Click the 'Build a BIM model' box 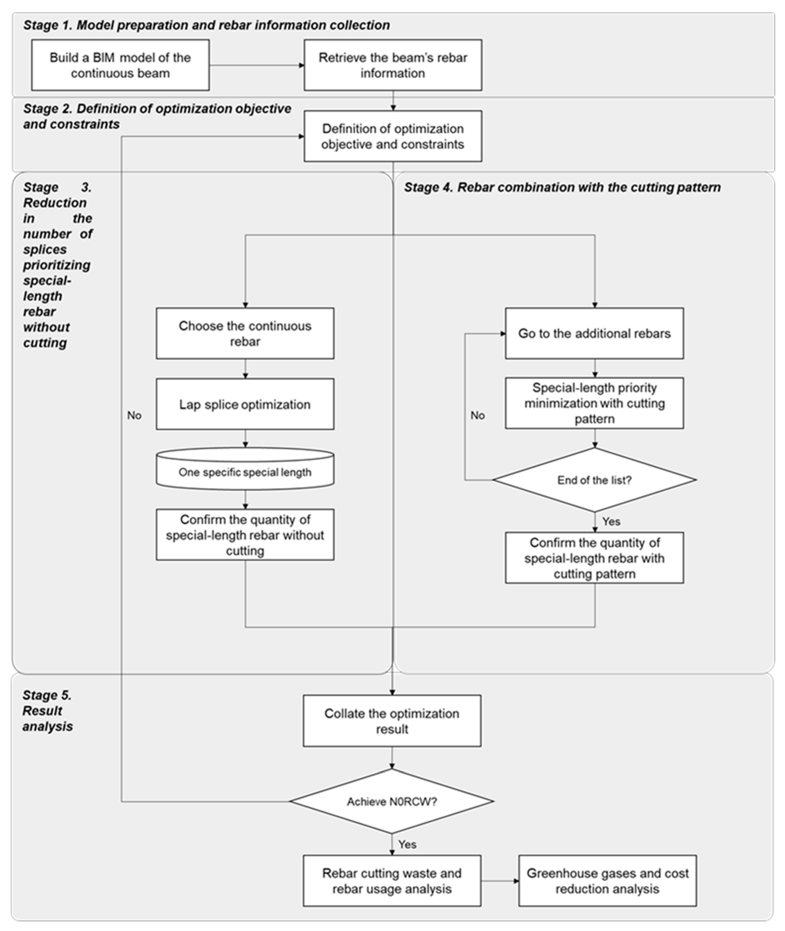click(120, 65)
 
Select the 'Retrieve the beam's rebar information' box click(393, 65)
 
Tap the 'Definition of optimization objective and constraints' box click(393, 136)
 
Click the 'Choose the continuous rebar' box click(245, 333)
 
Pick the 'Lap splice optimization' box click(245, 404)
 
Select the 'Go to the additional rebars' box click(594, 333)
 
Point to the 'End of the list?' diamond click(594, 480)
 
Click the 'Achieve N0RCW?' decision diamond click(392, 801)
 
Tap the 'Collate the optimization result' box click(392, 721)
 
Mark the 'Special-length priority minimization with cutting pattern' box click(594, 403)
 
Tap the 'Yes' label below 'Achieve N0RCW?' click(407, 844)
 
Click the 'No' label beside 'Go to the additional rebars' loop click(478, 415)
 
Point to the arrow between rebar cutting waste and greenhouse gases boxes click(499, 881)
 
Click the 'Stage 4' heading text click(562, 187)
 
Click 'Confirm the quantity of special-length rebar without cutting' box click(245, 535)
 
